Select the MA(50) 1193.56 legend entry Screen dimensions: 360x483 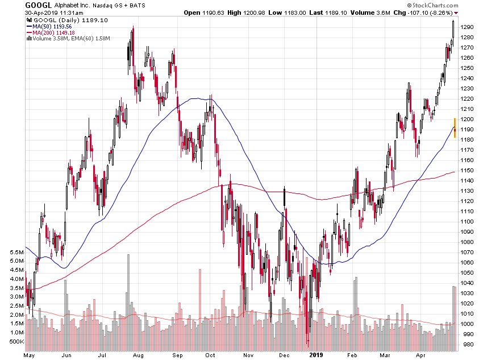point(52,26)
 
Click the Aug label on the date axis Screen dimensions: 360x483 point(138,354)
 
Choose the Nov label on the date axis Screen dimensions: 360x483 point(248,354)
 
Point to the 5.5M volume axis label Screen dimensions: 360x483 point(16,252)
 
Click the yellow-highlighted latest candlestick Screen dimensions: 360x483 point(455,128)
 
